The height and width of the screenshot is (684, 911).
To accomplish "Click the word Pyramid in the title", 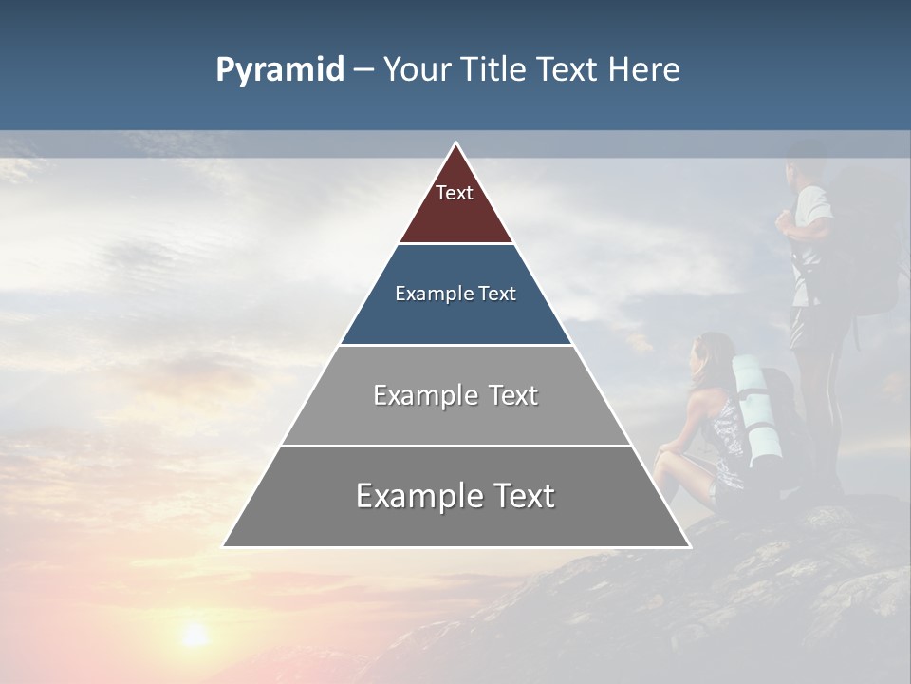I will click(280, 70).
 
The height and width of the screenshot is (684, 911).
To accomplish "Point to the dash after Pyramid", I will click(363, 71).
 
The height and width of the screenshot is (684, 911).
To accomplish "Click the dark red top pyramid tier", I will click(455, 214).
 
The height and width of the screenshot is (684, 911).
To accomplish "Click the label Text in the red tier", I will click(455, 193).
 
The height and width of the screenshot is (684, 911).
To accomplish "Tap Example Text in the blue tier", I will click(455, 294).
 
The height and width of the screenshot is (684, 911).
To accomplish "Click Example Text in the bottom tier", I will click(455, 496).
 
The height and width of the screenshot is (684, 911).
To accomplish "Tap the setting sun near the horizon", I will click(195, 635).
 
